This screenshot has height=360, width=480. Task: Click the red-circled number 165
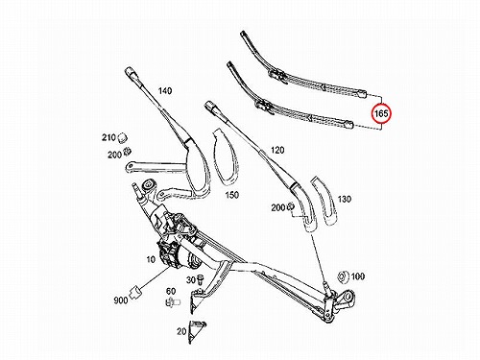click(x=381, y=113)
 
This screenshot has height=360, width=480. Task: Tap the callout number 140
click(x=165, y=91)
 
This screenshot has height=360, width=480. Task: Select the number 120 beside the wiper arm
click(x=277, y=150)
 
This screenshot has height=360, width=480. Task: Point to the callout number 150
click(x=232, y=195)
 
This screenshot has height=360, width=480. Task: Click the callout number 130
click(x=345, y=199)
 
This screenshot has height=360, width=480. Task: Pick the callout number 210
click(x=108, y=137)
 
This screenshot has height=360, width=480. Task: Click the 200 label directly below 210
click(x=114, y=155)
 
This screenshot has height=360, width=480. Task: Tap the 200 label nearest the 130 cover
click(x=277, y=207)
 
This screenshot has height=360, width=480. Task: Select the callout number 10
click(x=151, y=259)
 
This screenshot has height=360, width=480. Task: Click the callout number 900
click(x=121, y=300)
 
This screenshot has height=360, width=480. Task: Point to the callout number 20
click(x=181, y=331)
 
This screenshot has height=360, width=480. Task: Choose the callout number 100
click(x=358, y=276)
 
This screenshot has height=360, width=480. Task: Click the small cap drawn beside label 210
click(x=123, y=137)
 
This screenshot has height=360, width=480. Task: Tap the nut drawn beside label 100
click(x=343, y=277)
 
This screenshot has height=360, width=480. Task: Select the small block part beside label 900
click(x=135, y=292)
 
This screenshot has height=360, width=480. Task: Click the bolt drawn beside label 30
click(x=201, y=279)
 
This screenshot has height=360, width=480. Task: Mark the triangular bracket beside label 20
click(x=196, y=331)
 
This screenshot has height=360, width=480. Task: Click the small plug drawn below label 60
click(x=173, y=301)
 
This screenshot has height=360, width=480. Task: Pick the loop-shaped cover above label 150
click(x=226, y=157)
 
